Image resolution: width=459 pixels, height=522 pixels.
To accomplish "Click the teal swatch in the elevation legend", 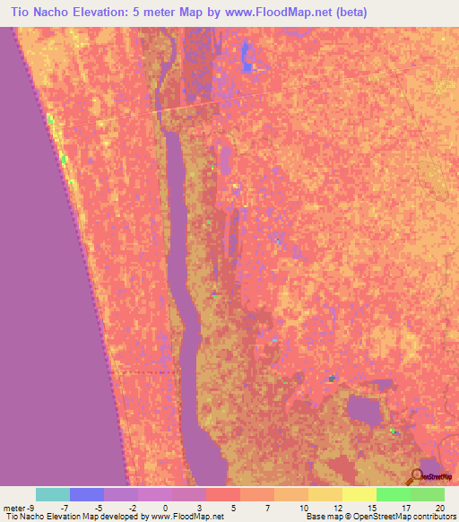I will click(x=53, y=494).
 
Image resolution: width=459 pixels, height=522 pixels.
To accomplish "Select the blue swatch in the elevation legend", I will click(x=87, y=494).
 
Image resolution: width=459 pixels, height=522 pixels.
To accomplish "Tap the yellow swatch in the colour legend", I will click(x=359, y=494).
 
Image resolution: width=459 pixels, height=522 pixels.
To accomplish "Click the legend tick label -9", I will click(x=33, y=509).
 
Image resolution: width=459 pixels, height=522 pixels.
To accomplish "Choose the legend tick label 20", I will click(x=439, y=509).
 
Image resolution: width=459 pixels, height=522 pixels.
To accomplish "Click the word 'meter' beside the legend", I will click(x=15, y=509).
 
